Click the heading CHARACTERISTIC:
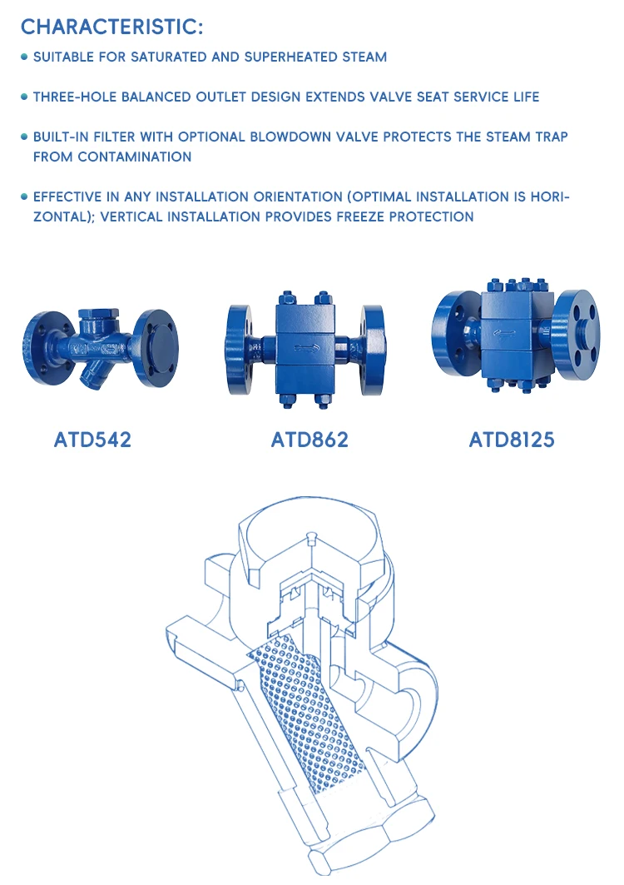(x=111, y=27)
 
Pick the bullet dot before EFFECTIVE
(x=24, y=197)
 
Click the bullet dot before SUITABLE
(x=24, y=57)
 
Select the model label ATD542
(x=92, y=439)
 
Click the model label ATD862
(x=310, y=439)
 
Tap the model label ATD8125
(x=512, y=439)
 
